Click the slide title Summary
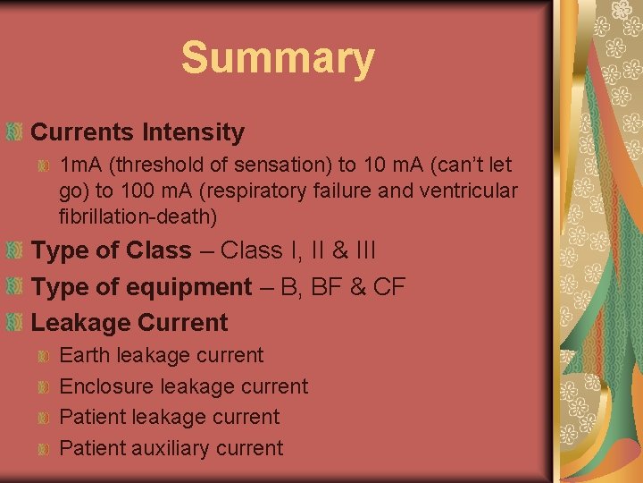(277, 58)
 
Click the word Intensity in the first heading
(192, 132)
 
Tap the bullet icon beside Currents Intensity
(14, 132)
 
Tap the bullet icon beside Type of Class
(14, 250)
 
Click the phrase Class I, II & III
(297, 250)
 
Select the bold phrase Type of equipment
(141, 287)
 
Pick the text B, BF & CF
(345, 287)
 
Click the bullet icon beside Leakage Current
(14, 323)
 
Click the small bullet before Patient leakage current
(44, 418)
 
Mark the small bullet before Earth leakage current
(44, 356)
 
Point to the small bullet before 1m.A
(44, 165)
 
